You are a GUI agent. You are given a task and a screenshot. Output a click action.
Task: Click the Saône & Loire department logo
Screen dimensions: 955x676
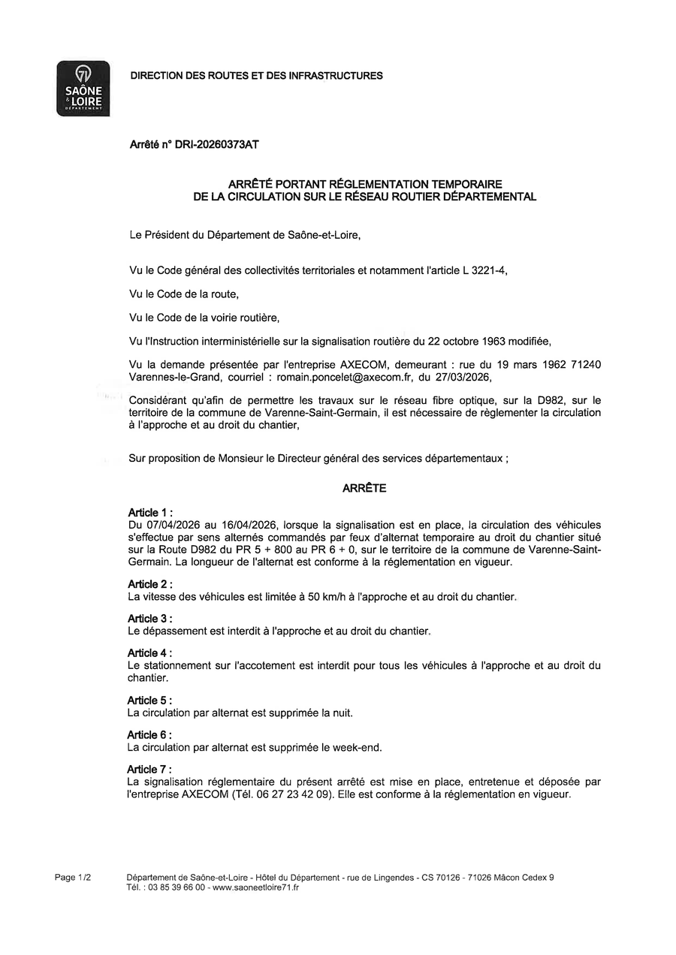83,89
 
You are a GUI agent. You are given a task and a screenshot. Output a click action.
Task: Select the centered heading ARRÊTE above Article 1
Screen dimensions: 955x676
364,488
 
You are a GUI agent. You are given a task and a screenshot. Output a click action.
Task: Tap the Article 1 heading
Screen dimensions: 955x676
150,513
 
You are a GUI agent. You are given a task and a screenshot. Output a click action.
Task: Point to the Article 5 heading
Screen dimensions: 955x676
150,700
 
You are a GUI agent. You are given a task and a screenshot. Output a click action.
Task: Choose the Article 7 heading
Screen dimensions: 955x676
150,770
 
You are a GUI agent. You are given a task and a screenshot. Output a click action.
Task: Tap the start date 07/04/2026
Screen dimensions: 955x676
172,525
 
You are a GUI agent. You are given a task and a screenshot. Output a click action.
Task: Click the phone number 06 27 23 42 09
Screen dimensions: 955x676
296,794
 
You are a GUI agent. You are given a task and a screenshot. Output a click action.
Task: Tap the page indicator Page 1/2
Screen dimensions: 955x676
73,878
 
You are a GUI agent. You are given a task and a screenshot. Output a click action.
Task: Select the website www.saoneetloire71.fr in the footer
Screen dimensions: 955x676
256,887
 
